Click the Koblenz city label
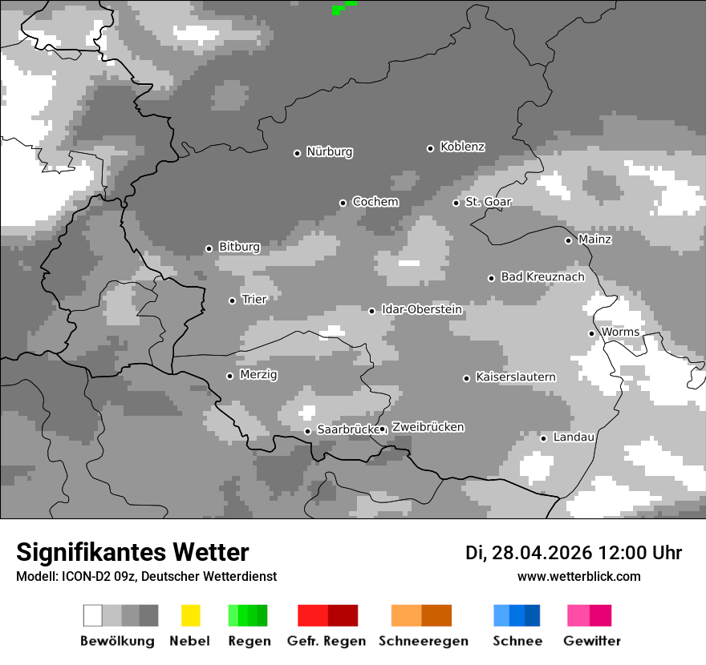[x=462, y=147]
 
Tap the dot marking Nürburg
[x=297, y=153]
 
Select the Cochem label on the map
[x=375, y=202]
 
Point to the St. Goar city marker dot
[x=456, y=203]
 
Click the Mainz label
[x=594, y=239]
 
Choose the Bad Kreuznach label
[x=542, y=276]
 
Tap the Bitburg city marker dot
[x=209, y=248]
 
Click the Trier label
[x=254, y=299]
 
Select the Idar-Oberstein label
[x=421, y=309]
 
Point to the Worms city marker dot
[x=591, y=333]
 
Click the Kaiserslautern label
[x=515, y=377]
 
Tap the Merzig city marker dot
[x=229, y=376]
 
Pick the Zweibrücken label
[x=428, y=427]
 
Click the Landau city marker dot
[x=543, y=438]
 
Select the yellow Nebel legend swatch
[x=190, y=615]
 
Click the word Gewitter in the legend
[x=591, y=641]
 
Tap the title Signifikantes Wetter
[x=132, y=552]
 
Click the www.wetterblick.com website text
[x=578, y=576]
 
